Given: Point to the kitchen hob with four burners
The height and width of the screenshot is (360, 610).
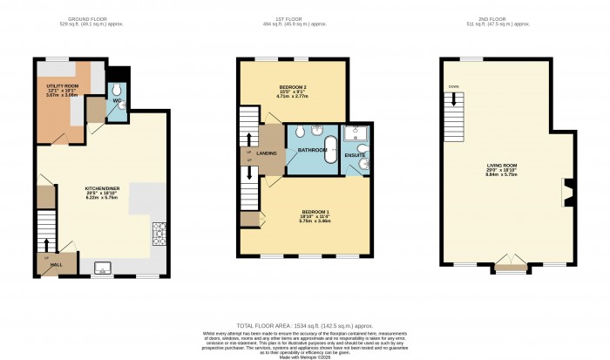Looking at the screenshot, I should click(159, 233).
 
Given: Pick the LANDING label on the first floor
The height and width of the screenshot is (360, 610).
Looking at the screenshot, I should click(268, 153).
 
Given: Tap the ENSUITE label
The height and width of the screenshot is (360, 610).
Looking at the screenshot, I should click(354, 154).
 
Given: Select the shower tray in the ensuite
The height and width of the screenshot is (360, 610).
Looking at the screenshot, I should click(356, 134).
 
